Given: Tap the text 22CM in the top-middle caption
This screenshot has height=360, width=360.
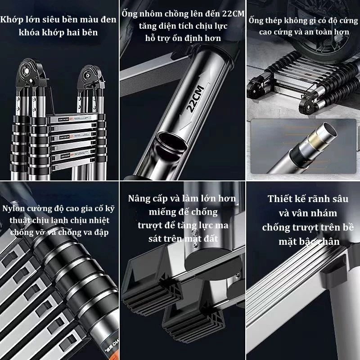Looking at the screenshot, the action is [233, 13].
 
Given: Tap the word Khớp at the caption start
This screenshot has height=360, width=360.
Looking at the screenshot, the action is [12, 20].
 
